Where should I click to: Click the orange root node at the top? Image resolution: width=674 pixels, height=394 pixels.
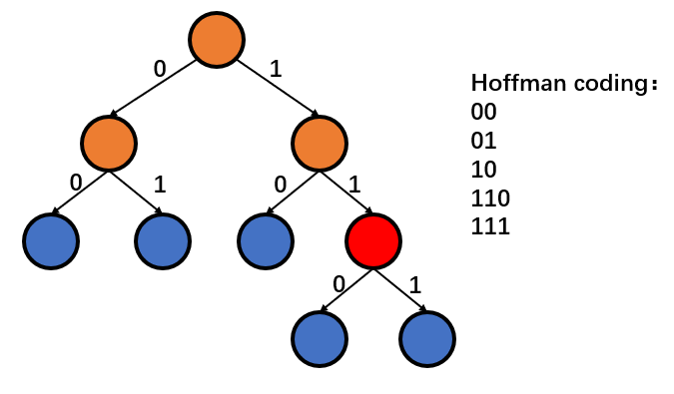click(x=217, y=39)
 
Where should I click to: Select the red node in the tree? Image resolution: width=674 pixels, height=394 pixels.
click(x=373, y=240)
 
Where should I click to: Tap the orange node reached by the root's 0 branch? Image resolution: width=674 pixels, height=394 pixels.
click(x=110, y=143)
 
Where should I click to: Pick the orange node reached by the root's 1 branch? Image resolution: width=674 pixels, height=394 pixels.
click(x=320, y=143)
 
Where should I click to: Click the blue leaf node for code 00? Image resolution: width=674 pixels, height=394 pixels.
click(x=50, y=240)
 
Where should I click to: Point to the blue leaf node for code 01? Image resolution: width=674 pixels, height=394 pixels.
click(x=163, y=240)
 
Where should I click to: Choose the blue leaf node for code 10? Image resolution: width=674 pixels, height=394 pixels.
click(x=267, y=240)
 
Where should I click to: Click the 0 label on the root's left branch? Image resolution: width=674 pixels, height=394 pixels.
click(x=159, y=69)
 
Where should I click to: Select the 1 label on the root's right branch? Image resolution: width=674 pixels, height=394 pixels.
click(x=276, y=70)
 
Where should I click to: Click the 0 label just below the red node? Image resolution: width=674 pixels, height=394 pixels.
click(x=338, y=284)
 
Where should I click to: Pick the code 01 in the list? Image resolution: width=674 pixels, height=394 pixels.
click(x=483, y=141)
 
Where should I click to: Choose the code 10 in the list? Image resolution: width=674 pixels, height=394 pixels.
click(x=483, y=169)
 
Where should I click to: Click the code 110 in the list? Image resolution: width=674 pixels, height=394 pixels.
click(x=489, y=197)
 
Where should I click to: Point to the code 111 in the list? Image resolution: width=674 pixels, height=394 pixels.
click(x=489, y=226)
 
